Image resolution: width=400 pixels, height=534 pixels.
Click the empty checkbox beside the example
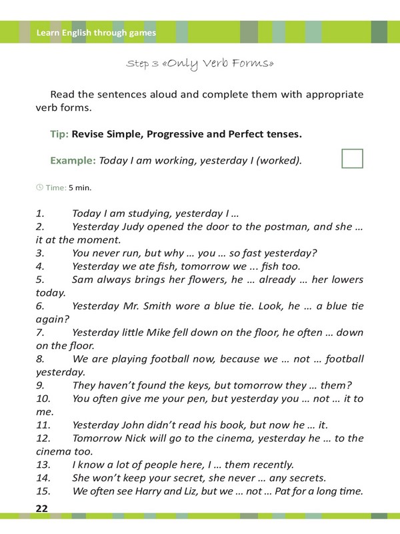point(352,158)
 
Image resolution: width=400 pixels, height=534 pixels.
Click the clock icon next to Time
point(39,188)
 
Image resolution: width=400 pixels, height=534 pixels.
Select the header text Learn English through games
point(96,32)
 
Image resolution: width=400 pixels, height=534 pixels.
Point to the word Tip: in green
point(59,134)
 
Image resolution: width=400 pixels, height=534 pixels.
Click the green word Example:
point(73,161)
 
